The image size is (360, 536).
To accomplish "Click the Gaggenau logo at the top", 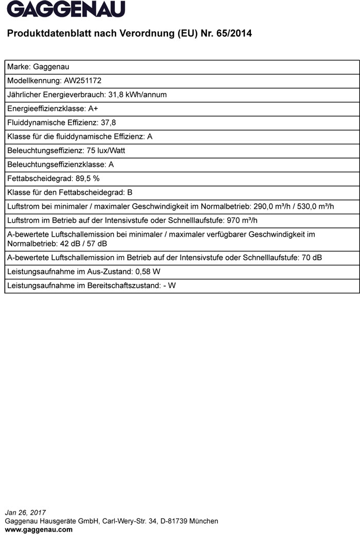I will pyautogui.click(x=66, y=9).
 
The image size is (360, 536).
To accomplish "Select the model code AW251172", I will pyautogui.click(x=79, y=81).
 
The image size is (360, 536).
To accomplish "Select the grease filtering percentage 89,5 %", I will pyautogui.click(x=87, y=178).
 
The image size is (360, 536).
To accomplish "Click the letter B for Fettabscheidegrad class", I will pyautogui.click(x=130, y=192).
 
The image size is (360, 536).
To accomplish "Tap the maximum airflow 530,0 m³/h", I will pyautogui.click(x=316, y=207).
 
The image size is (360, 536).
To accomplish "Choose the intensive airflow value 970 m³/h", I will pyautogui.click(x=242, y=221).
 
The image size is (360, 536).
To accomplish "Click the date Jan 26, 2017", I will pyautogui.click(x=25, y=512).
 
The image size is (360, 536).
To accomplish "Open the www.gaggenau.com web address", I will pyautogui.click(x=39, y=529).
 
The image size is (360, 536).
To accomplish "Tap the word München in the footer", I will pyautogui.click(x=204, y=521).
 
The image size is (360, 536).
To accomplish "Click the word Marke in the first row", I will pyautogui.click(x=18, y=67).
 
